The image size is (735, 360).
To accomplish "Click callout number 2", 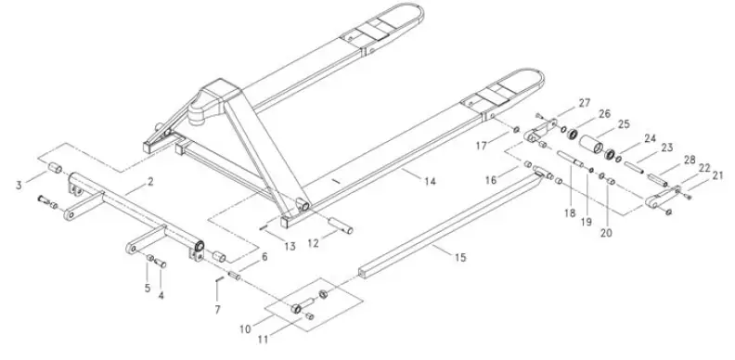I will coord(150,183).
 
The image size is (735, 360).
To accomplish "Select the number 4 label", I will coord(161,296).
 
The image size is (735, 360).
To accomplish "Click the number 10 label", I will coord(244,328).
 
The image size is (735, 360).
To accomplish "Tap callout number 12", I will coord(314,244).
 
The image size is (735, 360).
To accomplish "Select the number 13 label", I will coord(290,246).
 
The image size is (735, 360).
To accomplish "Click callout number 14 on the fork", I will coord(430,182).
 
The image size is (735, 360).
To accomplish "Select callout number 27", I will coord(586,101).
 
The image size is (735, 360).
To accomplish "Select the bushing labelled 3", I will coord(54,170).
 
